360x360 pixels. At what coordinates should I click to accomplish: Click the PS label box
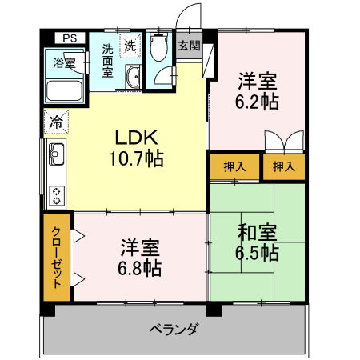coord(70,38)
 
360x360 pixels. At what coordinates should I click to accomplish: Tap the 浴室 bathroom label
coord(66,62)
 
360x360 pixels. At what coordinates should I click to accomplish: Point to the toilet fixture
coord(158,48)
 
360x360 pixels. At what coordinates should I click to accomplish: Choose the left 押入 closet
coord(234,166)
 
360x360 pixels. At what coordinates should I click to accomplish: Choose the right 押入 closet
coord(284,166)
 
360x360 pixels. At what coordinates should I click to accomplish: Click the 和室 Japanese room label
coord(257,233)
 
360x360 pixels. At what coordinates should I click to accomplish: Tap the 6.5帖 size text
coord(257,254)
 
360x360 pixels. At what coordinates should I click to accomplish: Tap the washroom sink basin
coord(134,77)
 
